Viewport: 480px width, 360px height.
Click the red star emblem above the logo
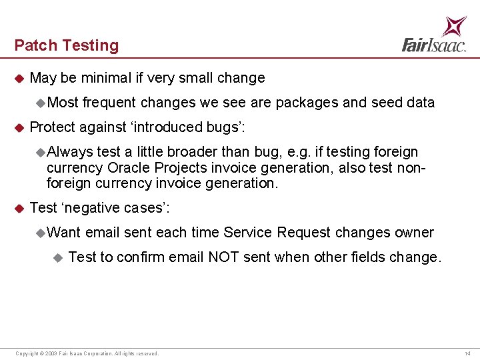coord(454,27)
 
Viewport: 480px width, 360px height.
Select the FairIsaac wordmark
coord(434,45)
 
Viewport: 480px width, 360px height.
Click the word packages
coord(307,103)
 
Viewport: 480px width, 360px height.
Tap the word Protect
coord(53,127)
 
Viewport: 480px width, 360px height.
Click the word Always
coord(70,152)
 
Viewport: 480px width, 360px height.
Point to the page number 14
coord(467,353)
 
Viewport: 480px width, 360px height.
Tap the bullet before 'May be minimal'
coord(19,79)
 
